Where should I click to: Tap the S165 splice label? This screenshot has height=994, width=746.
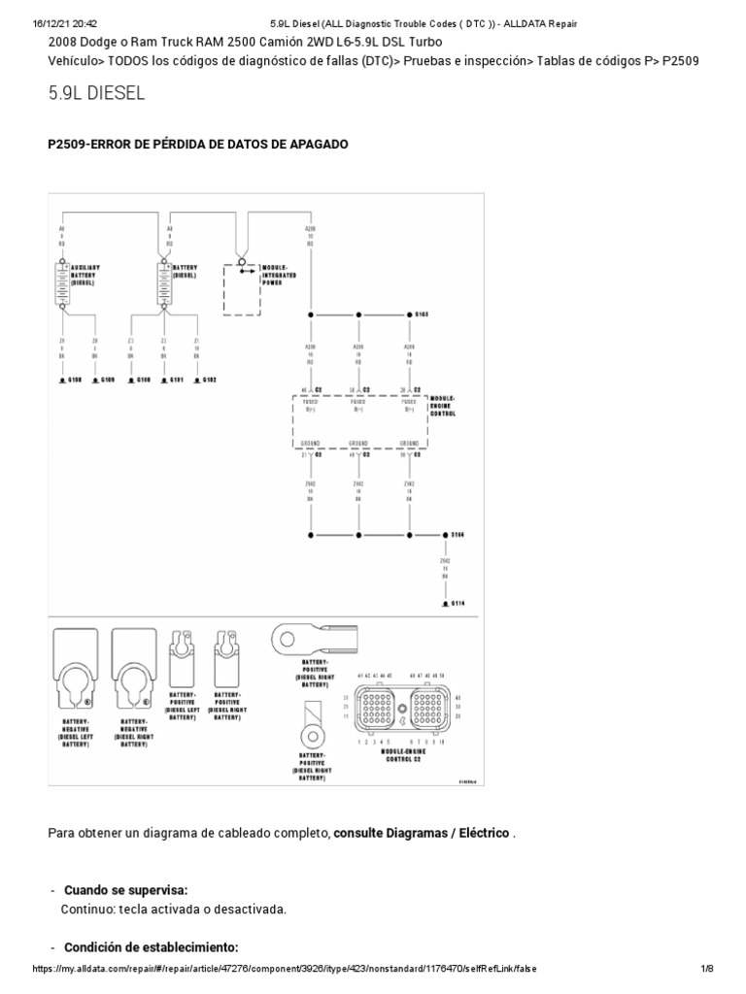tap(422, 315)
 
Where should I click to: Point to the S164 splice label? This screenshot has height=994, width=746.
tap(458, 535)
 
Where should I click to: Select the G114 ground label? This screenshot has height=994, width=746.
tap(458, 603)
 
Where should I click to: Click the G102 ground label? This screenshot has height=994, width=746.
tap(208, 380)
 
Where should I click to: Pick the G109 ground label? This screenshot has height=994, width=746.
tap(106, 380)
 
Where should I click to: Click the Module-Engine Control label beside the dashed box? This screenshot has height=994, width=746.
tap(443, 405)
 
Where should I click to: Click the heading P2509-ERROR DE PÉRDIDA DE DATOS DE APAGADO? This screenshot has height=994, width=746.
tap(198, 144)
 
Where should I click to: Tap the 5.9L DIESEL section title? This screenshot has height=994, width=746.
tap(96, 93)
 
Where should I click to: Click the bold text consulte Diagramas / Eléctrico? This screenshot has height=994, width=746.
tap(421, 834)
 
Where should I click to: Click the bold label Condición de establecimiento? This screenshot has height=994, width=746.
tap(151, 947)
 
